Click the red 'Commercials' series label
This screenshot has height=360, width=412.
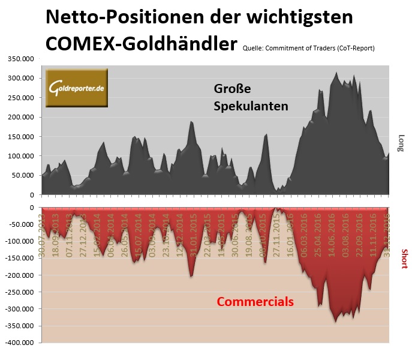(255, 301)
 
